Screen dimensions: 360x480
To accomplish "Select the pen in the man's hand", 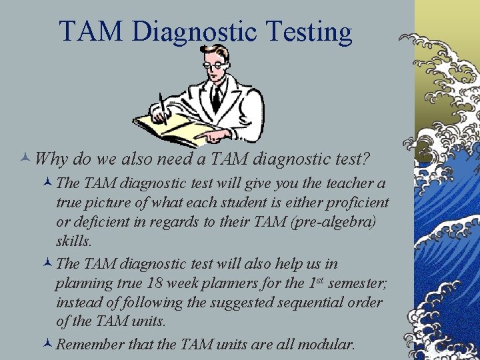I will point(162,107).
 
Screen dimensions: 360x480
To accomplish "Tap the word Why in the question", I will point(50,160).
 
